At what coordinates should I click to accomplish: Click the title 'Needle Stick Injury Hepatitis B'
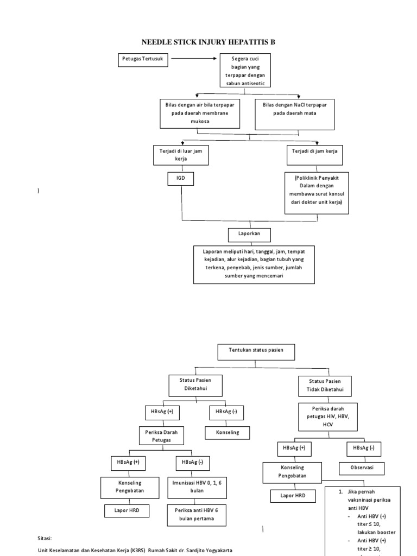click(x=208, y=41)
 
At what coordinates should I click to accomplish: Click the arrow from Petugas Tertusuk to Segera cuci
click(x=193, y=60)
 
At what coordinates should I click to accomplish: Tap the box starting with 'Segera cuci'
click(x=243, y=70)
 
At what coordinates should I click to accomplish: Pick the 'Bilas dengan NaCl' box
click(x=294, y=115)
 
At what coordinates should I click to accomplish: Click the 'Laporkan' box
click(x=249, y=234)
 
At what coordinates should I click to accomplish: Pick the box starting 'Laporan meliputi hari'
click(x=254, y=264)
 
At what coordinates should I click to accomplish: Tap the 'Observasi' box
click(x=362, y=467)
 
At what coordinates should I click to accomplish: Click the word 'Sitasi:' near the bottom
click(x=45, y=538)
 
